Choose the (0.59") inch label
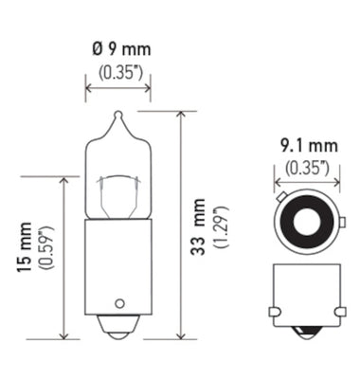[x=45, y=249]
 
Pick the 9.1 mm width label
[x=307, y=148]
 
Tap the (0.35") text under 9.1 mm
[x=307, y=169]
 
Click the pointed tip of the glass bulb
[x=117, y=116]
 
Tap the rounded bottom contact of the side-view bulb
[x=117, y=330]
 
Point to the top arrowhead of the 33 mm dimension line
[x=180, y=113]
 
